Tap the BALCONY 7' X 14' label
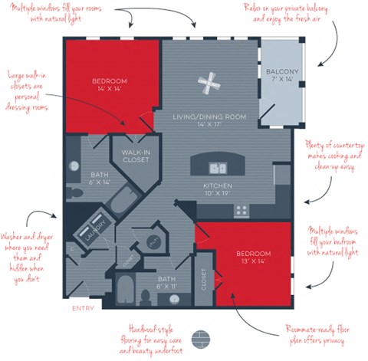coord(281,76)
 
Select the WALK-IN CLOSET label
coord(135,156)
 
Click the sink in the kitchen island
coord(218,167)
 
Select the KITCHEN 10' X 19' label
coord(218,190)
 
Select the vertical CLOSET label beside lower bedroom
coord(204,280)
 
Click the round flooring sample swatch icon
coord(202,338)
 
